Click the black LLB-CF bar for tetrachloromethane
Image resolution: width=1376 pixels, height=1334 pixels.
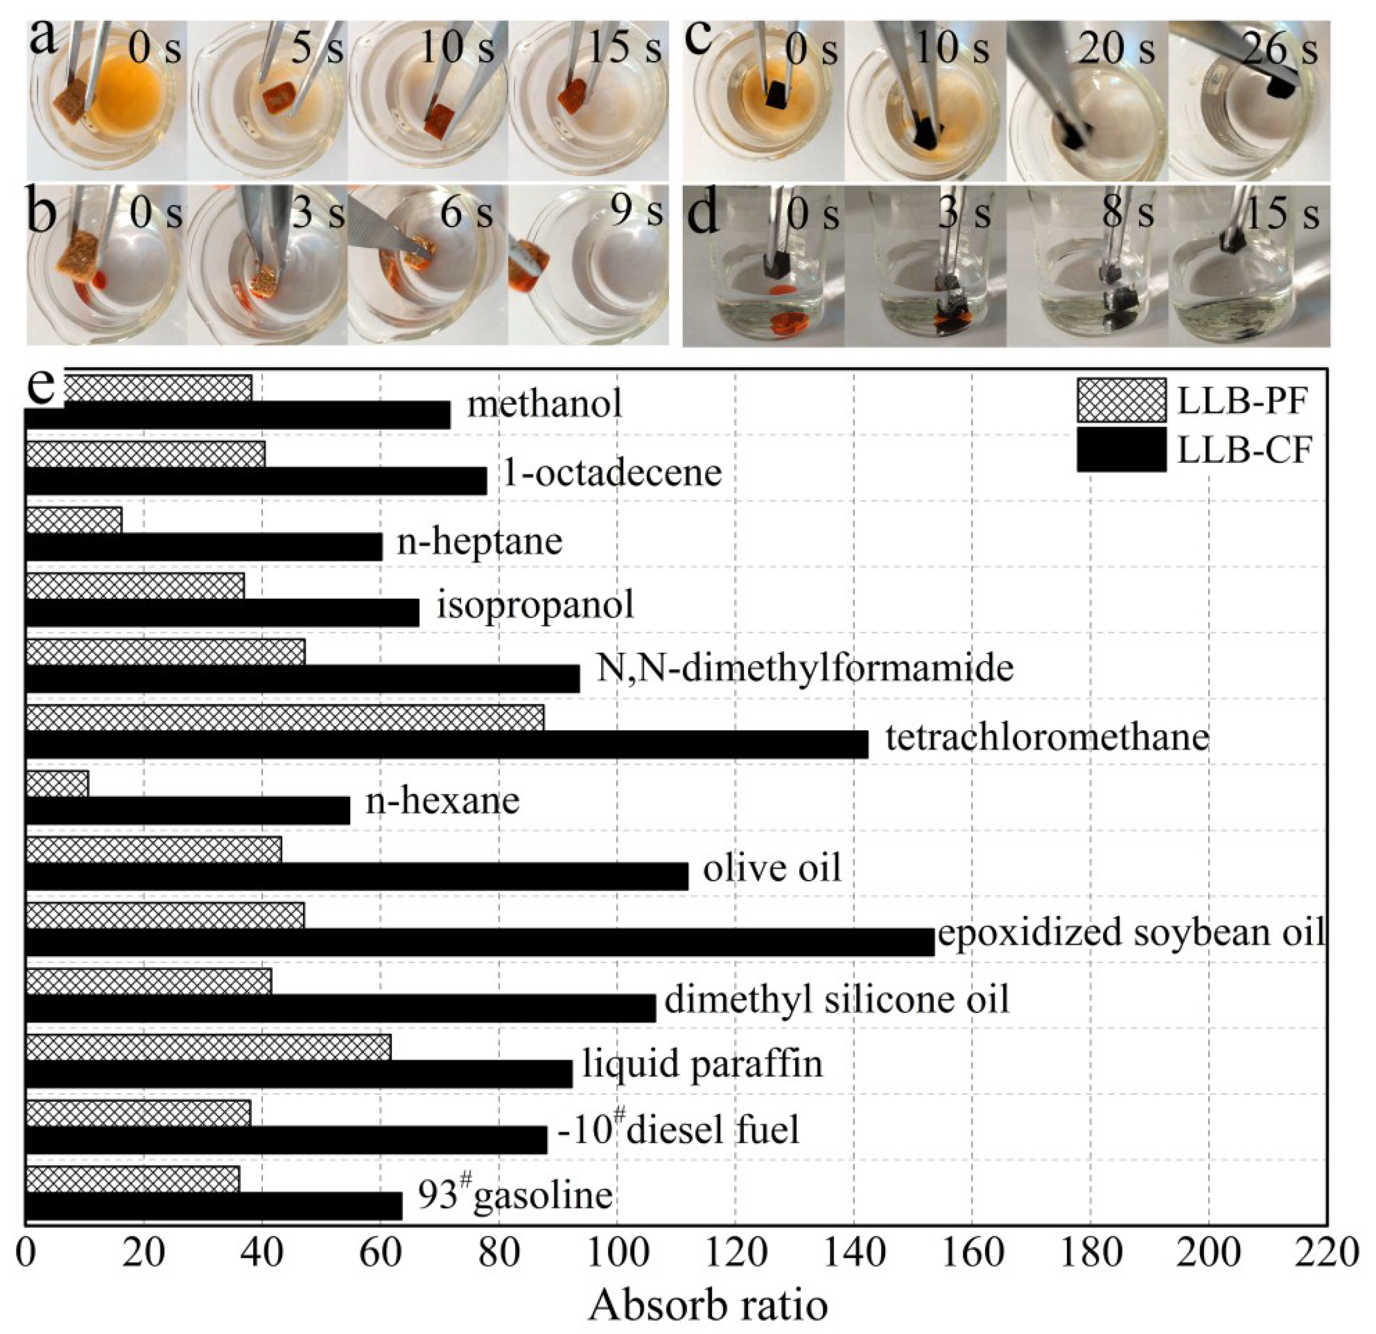[x=446, y=744]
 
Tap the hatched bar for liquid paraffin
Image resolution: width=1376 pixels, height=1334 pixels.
[x=208, y=1047]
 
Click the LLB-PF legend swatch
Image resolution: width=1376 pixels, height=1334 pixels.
[x=1121, y=400]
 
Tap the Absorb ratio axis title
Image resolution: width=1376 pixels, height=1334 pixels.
[x=708, y=1306]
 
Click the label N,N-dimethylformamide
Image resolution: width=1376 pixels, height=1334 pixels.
[x=804, y=668]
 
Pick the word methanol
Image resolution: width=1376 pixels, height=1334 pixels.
[x=545, y=404]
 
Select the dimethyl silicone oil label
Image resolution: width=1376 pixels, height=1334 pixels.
[x=837, y=998]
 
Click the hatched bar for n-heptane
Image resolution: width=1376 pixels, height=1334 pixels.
[x=74, y=520]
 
